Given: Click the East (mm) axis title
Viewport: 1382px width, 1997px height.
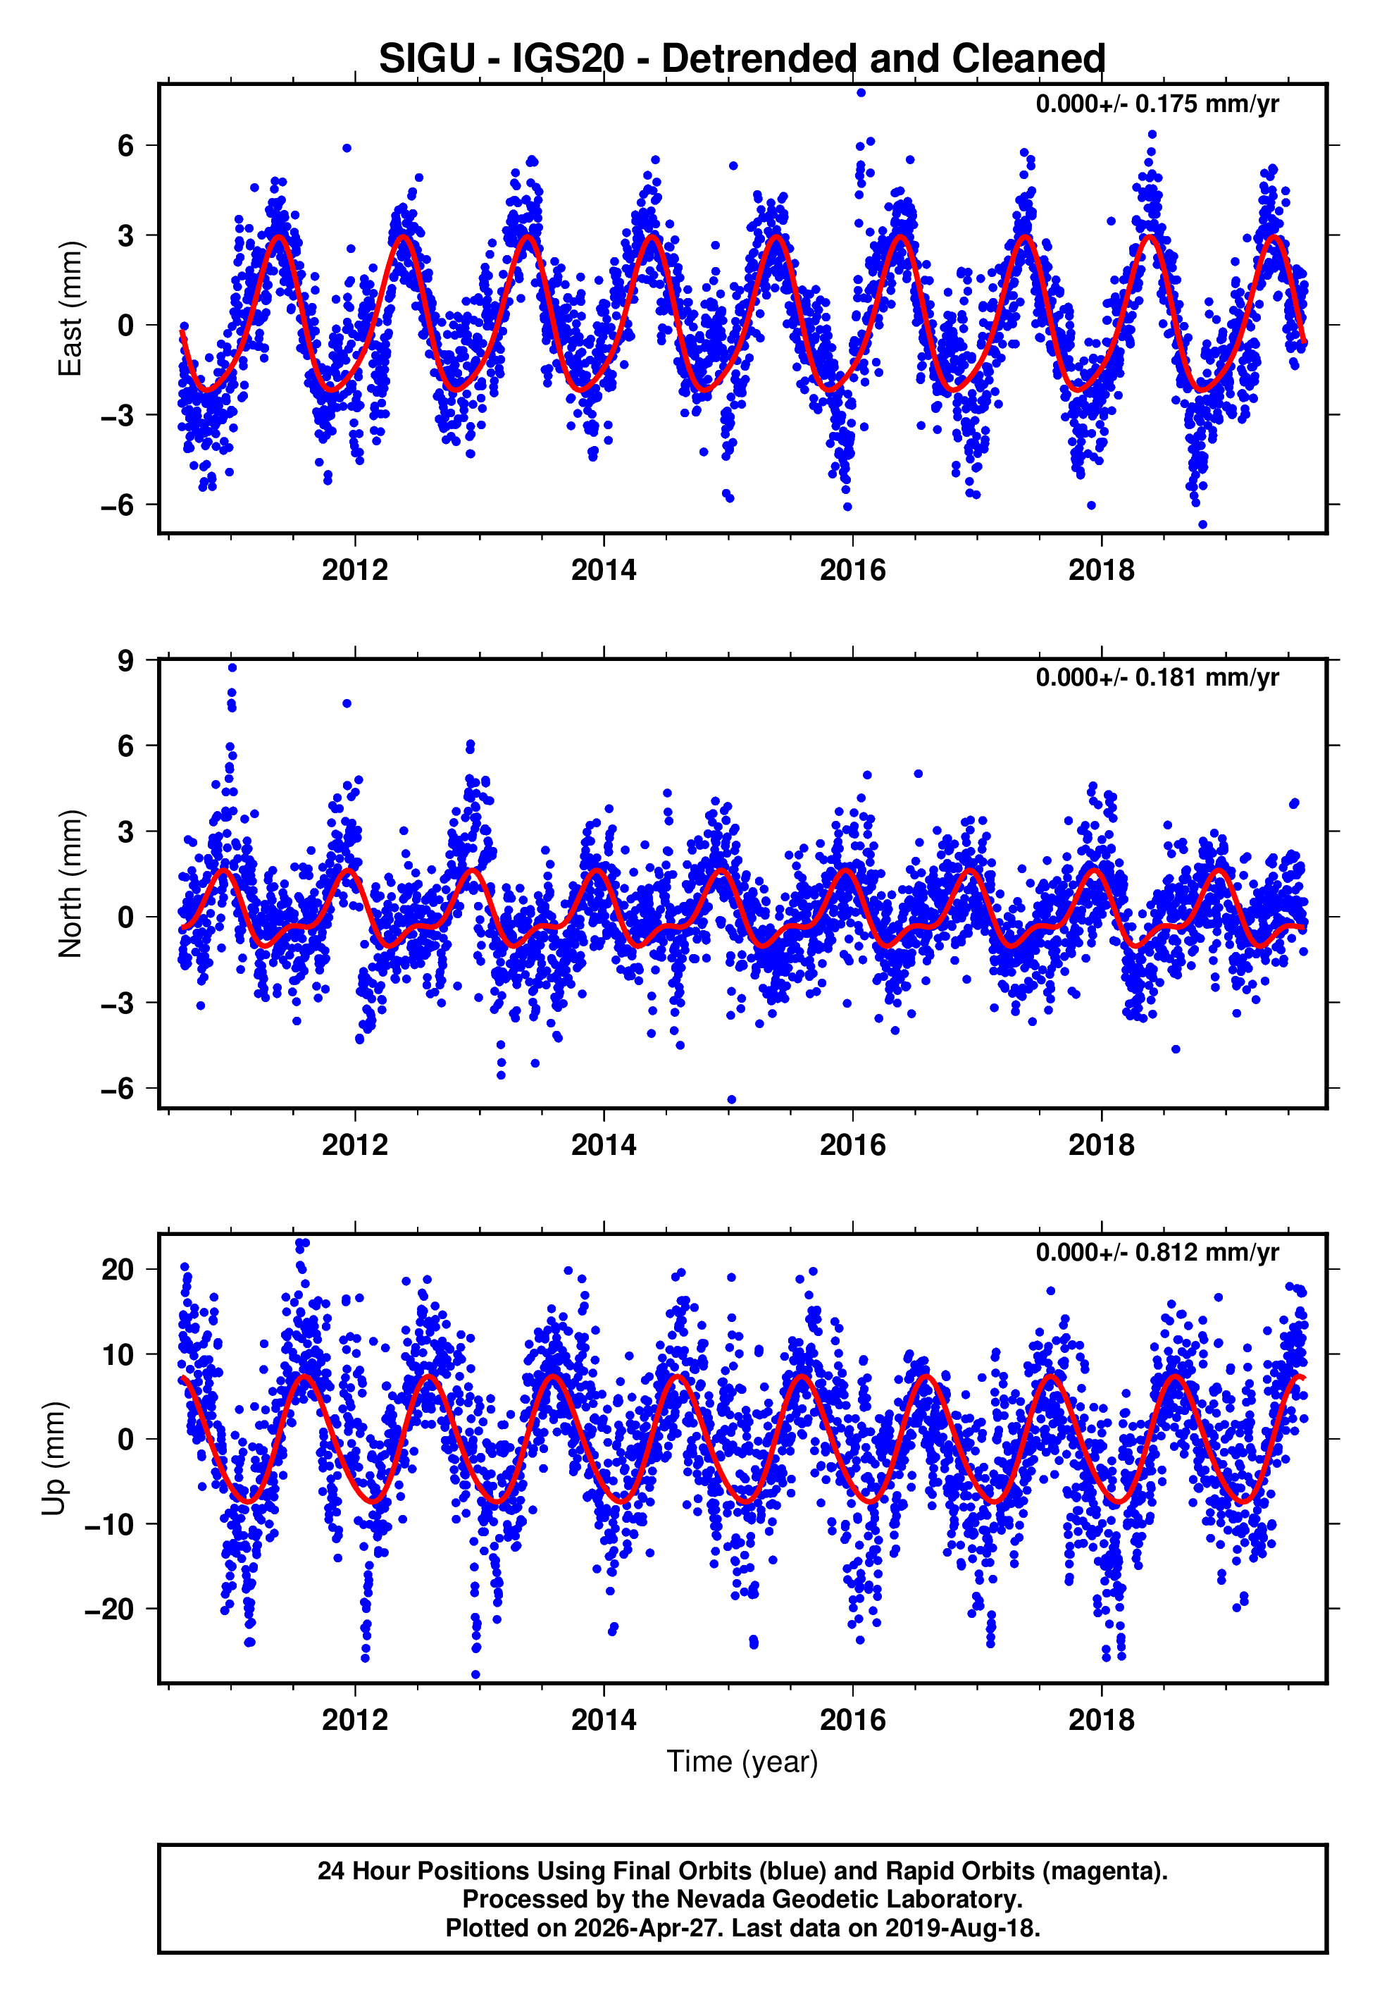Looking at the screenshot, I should (69, 309).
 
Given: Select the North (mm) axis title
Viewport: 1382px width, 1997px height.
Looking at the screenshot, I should (69, 884).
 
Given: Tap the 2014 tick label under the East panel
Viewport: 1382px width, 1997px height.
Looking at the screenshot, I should (603, 570).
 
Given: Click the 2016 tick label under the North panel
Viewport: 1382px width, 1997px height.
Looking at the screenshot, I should (852, 1145).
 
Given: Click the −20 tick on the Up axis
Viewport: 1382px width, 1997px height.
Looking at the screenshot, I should (109, 1609).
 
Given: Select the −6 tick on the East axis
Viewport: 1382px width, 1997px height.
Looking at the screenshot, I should (117, 505).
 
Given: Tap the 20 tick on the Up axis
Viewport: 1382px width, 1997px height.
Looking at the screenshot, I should (117, 1270).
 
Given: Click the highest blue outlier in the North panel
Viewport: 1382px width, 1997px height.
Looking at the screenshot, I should (232, 667).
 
